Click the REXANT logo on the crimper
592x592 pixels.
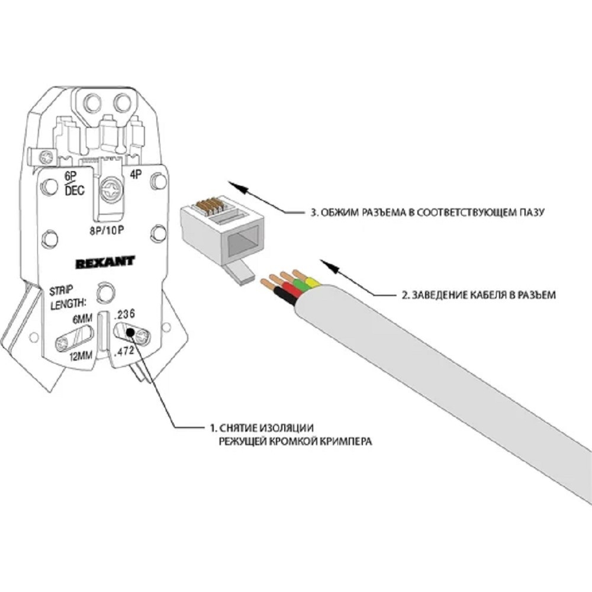tap(105, 262)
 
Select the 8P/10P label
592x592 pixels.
tap(107, 230)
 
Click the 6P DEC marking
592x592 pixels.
tap(74, 184)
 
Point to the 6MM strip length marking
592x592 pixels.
tap(82, 320)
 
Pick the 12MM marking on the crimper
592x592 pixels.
tap(81, 355)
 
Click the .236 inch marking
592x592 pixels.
tap(124, 314)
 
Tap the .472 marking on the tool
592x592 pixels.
tap(124, 351)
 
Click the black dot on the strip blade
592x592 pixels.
tap(130, 332)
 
